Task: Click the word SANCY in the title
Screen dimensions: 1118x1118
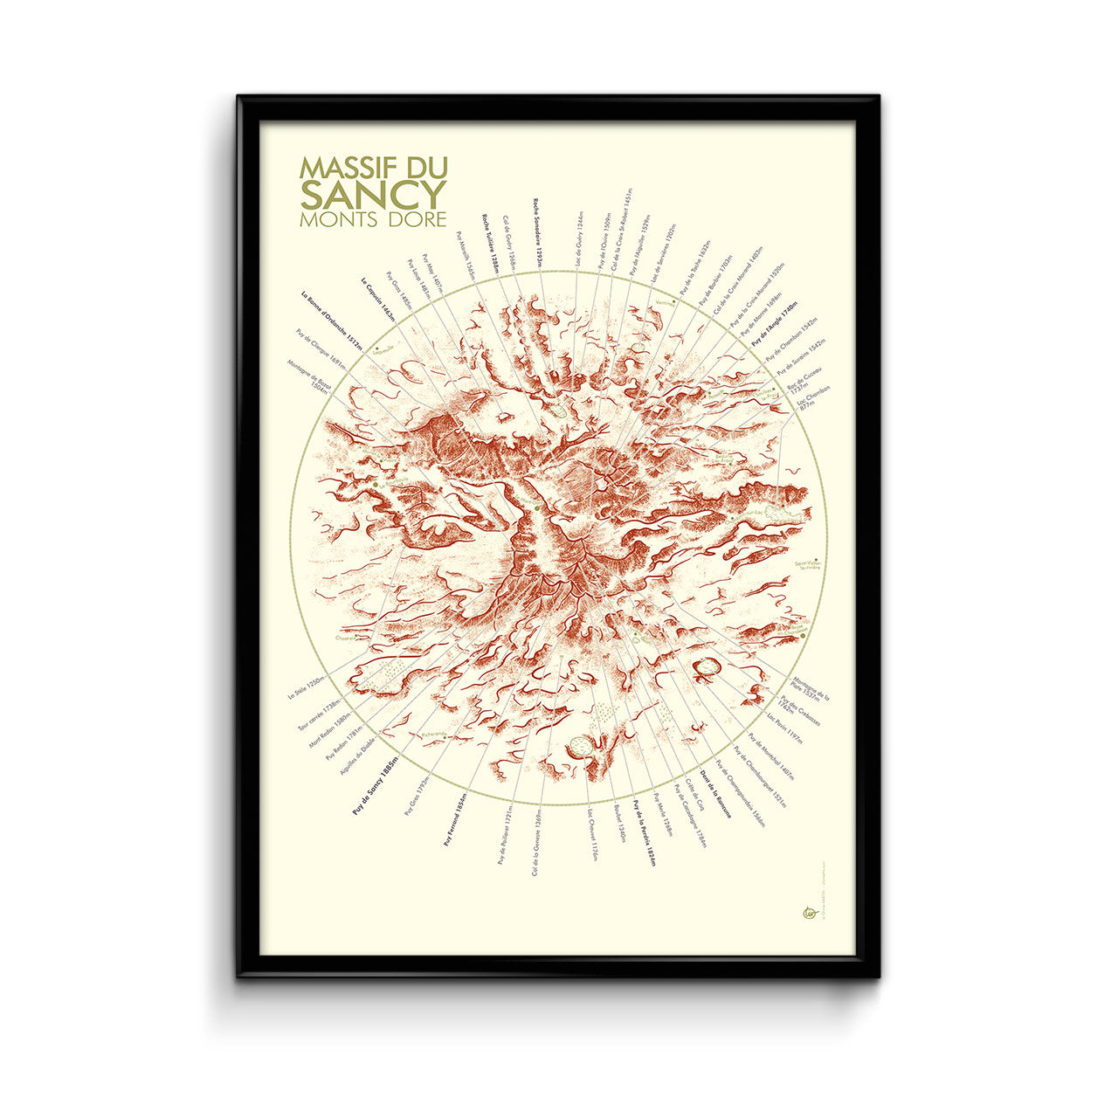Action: click(x=373, y=192)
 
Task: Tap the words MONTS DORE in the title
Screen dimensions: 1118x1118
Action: click(x=373, y=219)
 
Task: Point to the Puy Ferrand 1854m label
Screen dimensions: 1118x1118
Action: click(x=456, y=820)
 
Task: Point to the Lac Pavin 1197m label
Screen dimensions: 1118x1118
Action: click(x=783, y=728)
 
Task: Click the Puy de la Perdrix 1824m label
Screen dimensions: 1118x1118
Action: click(x=645, y=832)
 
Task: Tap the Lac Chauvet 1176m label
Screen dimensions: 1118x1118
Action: click(x=592, y=835)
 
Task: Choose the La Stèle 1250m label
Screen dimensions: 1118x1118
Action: click(x=307, y=687)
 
